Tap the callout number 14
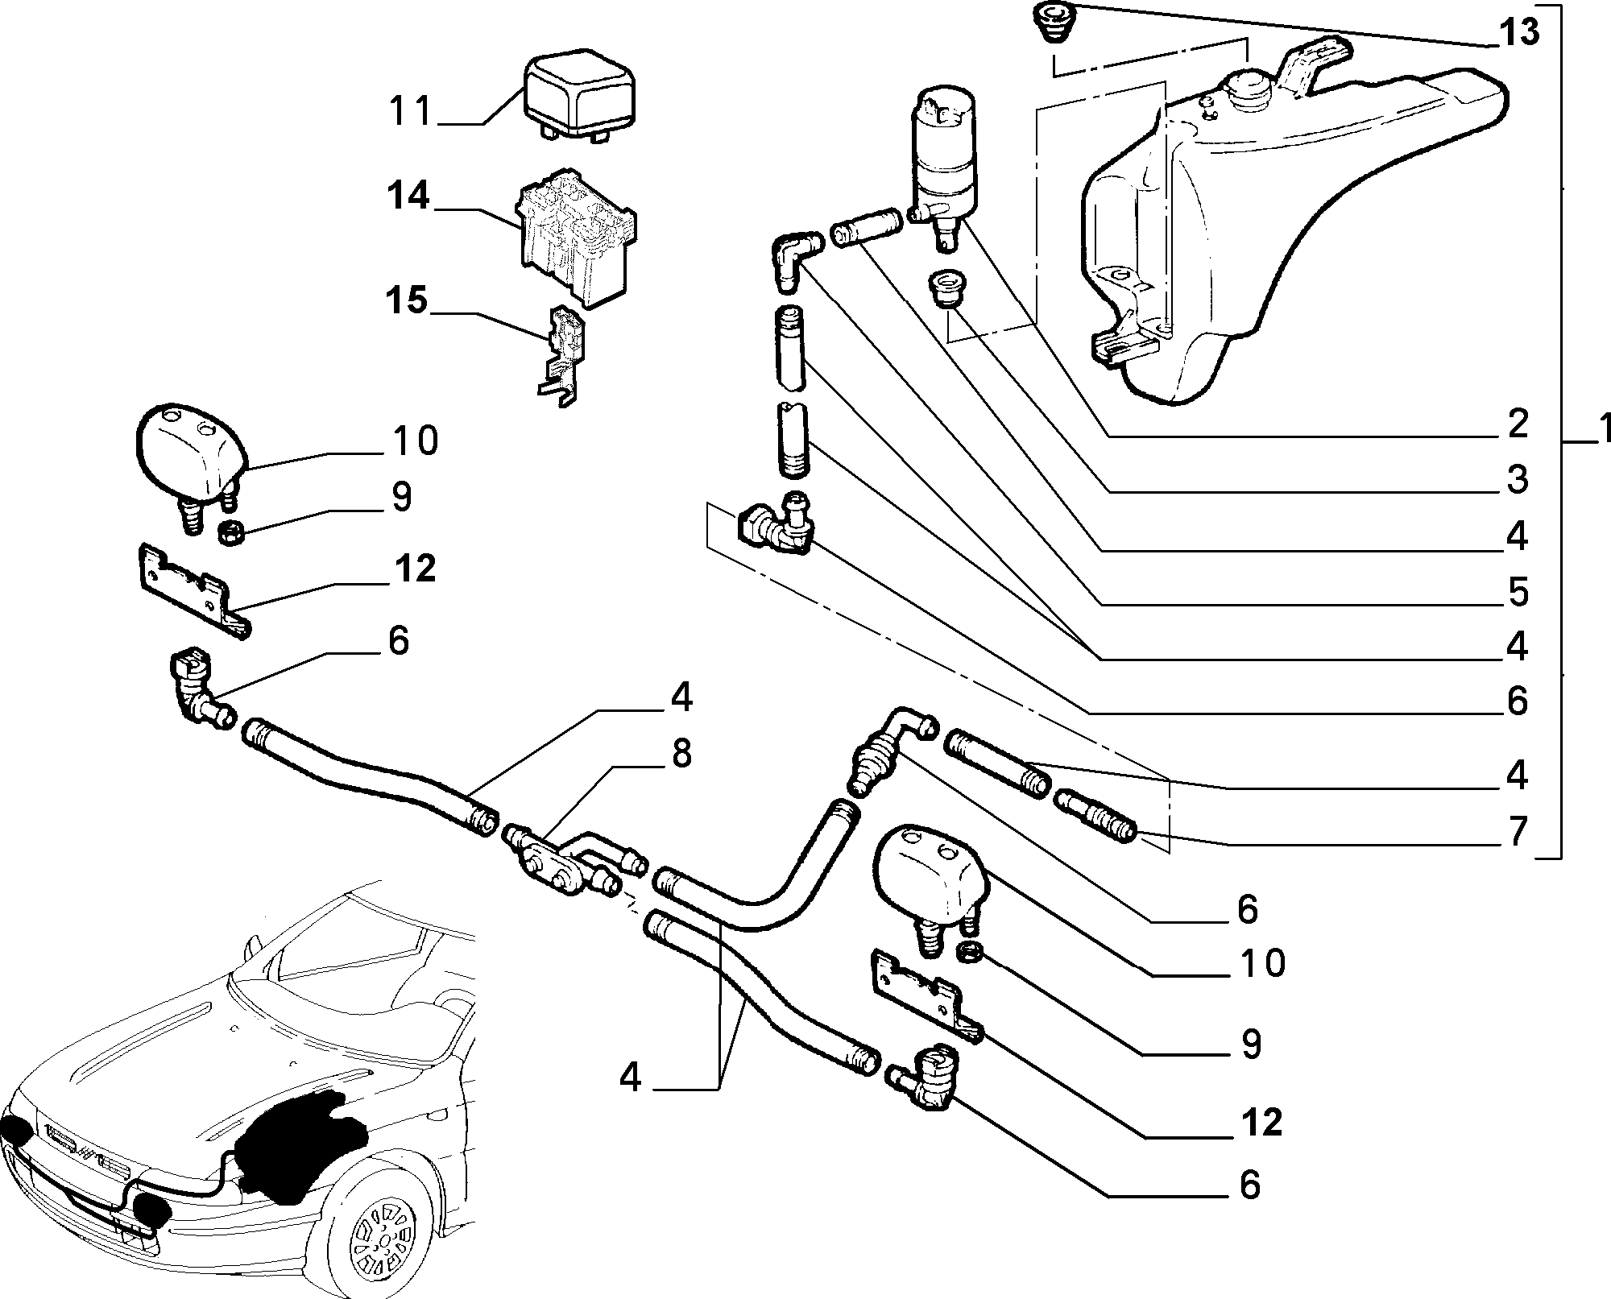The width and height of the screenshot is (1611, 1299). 408,197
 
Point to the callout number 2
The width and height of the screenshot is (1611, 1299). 1518,424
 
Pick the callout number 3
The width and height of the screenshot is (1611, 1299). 1518,479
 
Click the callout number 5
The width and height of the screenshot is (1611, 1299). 1518,592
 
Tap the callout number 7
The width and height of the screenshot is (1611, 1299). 1518,831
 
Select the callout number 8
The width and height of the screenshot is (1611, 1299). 681,755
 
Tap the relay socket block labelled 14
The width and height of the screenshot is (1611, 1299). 575,244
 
